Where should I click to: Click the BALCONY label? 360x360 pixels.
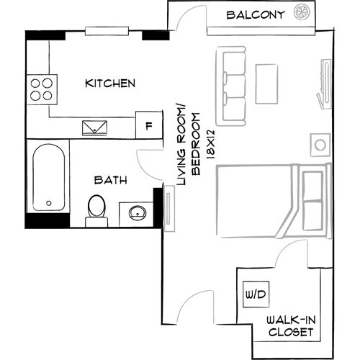click(256, 14)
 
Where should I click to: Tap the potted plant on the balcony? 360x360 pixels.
click(301, 13)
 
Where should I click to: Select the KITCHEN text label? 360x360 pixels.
click(110, 84)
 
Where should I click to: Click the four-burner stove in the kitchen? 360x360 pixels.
click(40, 88)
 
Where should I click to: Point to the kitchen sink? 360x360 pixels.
click(95, 127)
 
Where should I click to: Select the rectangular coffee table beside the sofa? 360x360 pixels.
click(267, 84)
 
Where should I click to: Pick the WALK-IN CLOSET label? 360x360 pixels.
click(289, 325)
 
